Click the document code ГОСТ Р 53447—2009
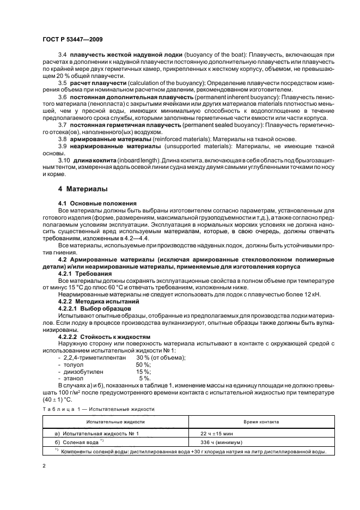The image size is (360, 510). pos(72,40)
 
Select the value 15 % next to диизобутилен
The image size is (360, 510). pos(143,371)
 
